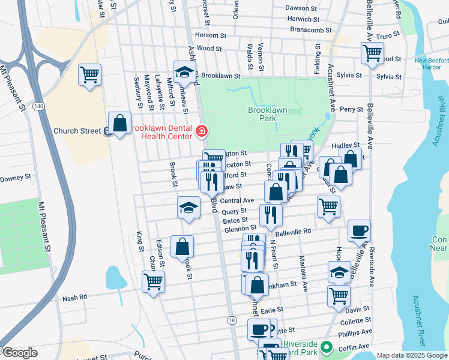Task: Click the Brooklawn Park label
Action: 262,114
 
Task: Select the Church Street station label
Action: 77,131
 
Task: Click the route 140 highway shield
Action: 38,106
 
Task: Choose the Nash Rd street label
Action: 74,297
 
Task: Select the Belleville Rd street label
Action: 294,230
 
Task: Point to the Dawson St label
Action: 301,8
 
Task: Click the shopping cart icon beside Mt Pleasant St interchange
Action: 89,75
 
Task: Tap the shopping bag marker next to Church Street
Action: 119,124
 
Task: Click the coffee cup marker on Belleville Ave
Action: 359,230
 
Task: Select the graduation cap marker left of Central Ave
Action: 188,208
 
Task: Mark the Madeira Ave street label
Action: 305,275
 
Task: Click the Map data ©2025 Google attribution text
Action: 412,355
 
